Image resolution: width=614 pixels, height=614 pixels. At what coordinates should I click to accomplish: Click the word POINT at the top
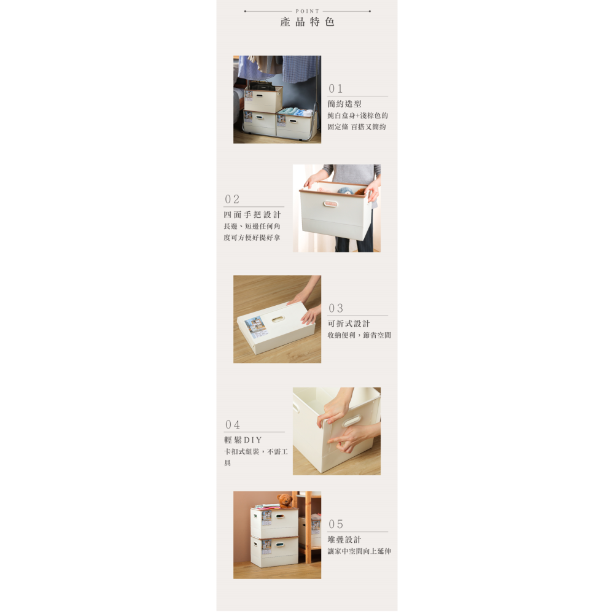(x=307, y=11)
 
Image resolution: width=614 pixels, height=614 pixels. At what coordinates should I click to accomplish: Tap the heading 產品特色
(x=307, y=22)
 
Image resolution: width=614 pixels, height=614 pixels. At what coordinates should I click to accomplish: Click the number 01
(x=336, y=89)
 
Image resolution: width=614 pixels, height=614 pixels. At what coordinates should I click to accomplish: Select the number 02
(x=232, y=200)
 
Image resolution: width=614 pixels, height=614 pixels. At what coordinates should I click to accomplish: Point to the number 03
(x=336, y=308)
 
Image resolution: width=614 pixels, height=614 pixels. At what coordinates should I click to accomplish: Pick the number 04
(x=232, y=425)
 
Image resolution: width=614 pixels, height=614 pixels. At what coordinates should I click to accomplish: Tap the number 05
(x=336, y=524)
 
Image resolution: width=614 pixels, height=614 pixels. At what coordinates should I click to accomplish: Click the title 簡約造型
(x=344, y=104)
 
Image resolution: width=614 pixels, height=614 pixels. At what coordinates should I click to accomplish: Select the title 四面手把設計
(x=252, y=215)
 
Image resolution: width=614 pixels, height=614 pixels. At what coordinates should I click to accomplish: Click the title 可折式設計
(x=349, y=324)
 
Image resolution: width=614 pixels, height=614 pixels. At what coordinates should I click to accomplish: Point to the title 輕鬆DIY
(x=243, y=440)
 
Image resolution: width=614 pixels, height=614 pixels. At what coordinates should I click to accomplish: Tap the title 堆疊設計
(x=344, y=540)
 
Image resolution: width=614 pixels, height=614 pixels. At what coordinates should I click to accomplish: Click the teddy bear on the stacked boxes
(x=284, y=500)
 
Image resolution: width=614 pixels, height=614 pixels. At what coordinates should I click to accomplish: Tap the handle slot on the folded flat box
(x=278, y=319)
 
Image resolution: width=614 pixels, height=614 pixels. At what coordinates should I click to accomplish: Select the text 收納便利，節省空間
(x=359, y=335)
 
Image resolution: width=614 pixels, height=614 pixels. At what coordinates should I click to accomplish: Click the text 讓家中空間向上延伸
(x=359, y=551)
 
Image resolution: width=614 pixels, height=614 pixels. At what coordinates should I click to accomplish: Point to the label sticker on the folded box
(x=254, y=325)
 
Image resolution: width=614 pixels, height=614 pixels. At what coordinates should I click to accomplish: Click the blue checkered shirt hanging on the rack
(x=301, y=68)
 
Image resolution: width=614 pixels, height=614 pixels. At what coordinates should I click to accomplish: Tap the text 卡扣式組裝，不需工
(x=256, y=452)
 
